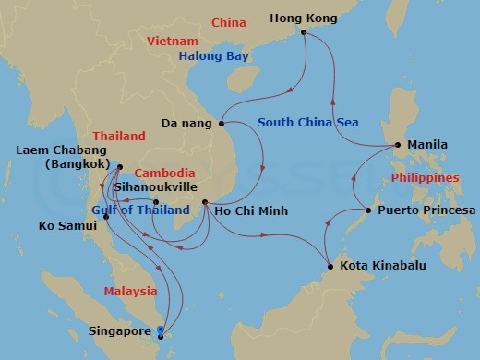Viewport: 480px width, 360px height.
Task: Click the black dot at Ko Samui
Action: tap(93, 217)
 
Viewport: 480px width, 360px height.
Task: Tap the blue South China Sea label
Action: tap(308, 122)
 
